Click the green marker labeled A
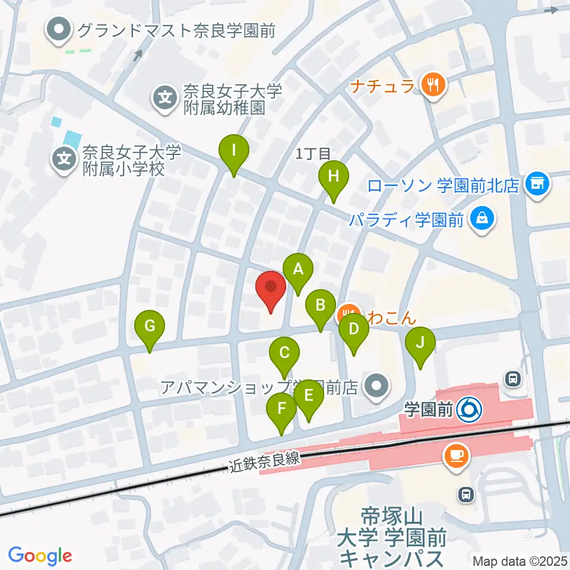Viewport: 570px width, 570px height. coord(298,271)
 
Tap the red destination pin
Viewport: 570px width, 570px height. coord(271,289)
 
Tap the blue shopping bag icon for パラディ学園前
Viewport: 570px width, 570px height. coord(483,220)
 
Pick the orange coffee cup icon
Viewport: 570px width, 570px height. coord(457,455)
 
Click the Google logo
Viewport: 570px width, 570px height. coord(40,556)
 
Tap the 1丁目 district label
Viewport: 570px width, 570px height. coord(313,154)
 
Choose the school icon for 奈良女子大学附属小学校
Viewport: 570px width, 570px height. coord(64,159)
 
